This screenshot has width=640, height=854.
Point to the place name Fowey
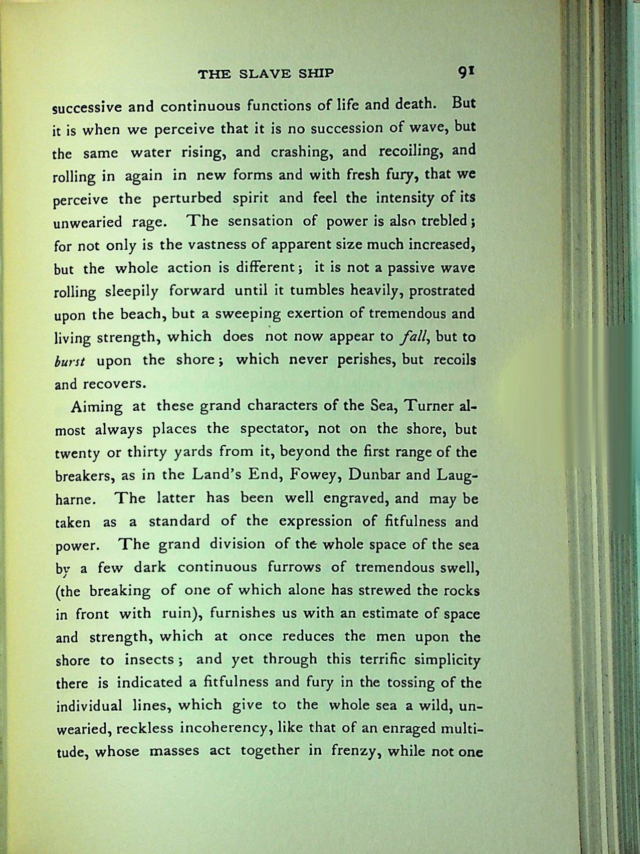point(311,475)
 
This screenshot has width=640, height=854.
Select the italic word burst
point(70,361)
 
